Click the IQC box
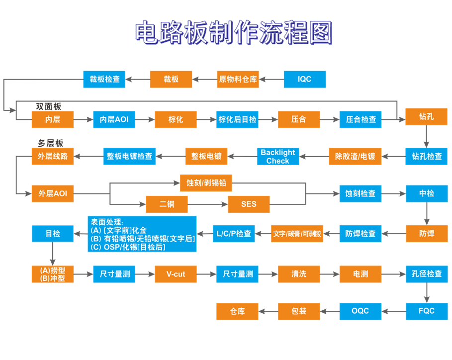(304, 80)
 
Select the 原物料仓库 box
(238, 80)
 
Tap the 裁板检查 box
(104, 80)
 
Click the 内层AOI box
(114, 119)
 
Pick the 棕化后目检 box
(238, 119)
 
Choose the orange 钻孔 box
(426, 117)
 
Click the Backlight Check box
(278, 157)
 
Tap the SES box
(249, 204)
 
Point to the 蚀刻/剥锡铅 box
(206, 183)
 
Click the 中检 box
(426, 193)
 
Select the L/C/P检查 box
(234, 233)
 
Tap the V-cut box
(176, 274)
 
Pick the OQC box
(360, 311)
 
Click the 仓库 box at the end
(237, 311)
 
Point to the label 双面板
(48, 106)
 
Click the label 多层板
(50, 144)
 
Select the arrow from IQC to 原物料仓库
(271, 80)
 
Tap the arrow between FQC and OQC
(393, 311)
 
